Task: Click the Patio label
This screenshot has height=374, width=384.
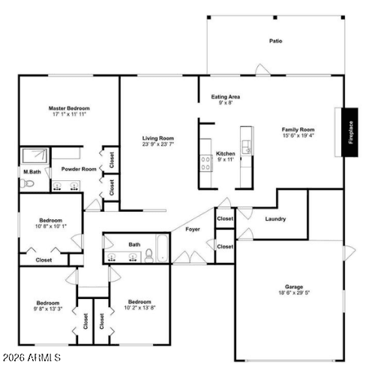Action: click(276, 41)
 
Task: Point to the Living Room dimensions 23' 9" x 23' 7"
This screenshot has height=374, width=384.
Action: click(159, 145)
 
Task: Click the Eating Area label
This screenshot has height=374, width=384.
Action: click(225, 97)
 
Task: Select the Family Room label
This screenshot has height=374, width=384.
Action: click(298, 129)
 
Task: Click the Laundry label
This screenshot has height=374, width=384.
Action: click(276, 219)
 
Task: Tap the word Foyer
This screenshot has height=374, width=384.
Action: click(192, 229)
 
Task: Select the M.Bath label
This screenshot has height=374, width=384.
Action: click(31, 172)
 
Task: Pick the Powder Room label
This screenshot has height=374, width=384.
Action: click(79, 169)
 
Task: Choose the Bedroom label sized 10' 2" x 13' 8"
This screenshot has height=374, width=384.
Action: click(139, 302)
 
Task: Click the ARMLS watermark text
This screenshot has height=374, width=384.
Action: click(31, 358)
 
